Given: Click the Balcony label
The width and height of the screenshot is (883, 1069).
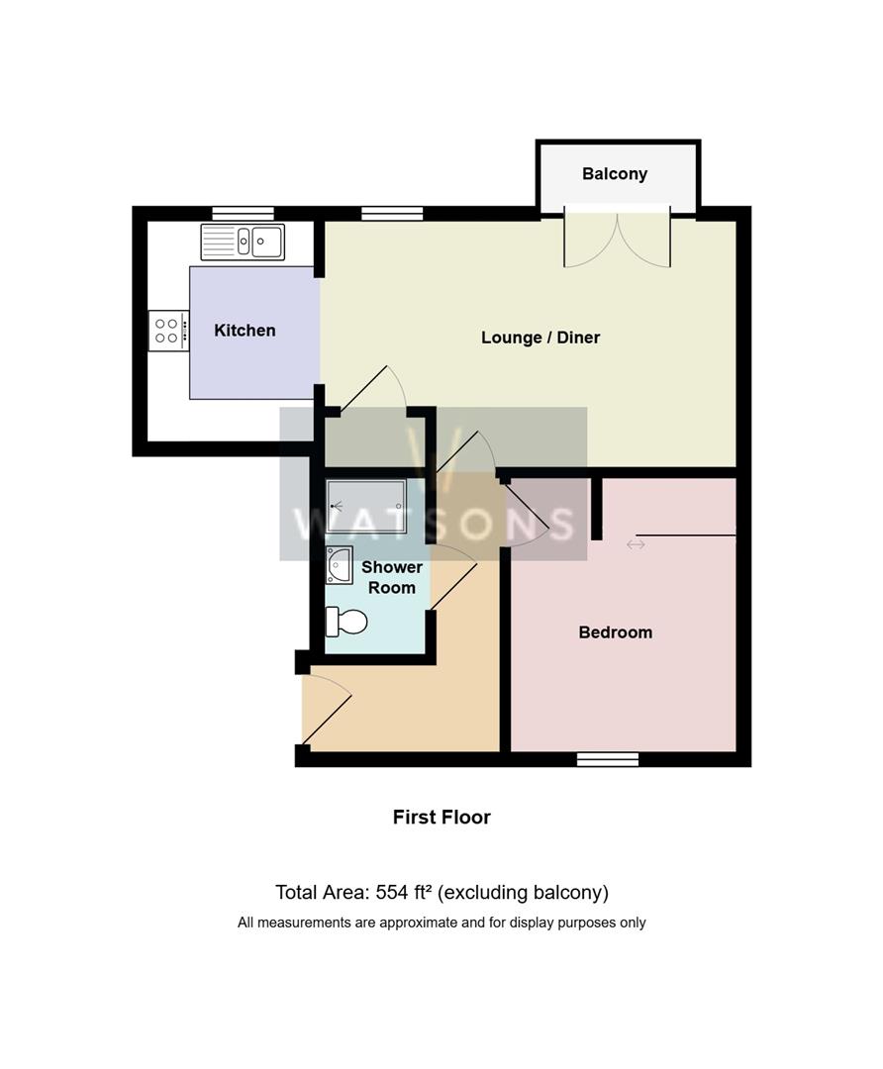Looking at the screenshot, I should point(614,174).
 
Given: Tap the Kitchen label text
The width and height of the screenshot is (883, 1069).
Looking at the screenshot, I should point(245,331).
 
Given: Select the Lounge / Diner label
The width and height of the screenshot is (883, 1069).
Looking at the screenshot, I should point(540,338).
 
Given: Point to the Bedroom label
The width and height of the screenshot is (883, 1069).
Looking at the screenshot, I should point(615,632).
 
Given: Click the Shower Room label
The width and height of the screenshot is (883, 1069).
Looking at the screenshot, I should point(391,577).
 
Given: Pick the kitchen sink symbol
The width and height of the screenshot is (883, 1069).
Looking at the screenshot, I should point(243,242).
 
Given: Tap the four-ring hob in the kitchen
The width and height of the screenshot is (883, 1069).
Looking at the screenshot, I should point(167,331).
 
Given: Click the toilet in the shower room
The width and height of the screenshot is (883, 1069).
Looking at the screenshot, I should point(346,622).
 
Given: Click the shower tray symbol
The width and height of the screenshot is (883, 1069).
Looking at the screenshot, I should point(365,506).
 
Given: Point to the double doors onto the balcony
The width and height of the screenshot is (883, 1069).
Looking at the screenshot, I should point(617,238).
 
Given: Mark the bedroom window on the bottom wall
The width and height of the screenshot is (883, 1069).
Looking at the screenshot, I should point(608,759).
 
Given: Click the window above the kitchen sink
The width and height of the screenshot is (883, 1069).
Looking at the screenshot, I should point(243,213).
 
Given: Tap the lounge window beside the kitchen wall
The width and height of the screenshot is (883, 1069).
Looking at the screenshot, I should point(392,213).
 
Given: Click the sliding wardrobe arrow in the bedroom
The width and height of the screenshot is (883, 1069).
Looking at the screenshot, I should point(636,544).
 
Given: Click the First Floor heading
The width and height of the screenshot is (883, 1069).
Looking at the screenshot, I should point(441,818).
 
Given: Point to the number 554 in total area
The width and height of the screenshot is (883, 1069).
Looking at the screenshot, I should point(393,893).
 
